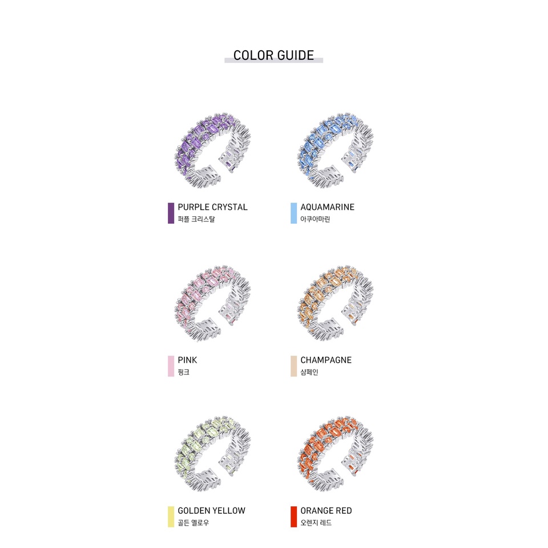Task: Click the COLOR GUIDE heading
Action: click(x=273, y=55)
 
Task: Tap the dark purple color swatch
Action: click(x=171, y=213)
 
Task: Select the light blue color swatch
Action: click(x=293, y=213)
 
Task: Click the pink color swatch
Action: click(x=171, y=366)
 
